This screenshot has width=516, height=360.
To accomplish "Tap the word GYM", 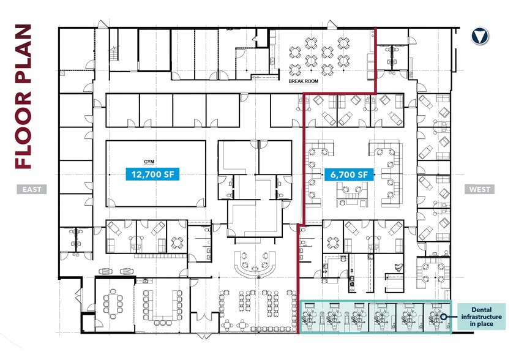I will [149, 162].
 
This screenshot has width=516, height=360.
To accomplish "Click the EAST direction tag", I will [32, 189].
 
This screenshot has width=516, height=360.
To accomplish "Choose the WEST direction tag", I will [479, 189].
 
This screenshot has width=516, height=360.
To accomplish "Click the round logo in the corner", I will [480, 37].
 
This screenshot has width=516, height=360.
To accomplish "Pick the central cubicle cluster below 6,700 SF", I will [349, 191].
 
